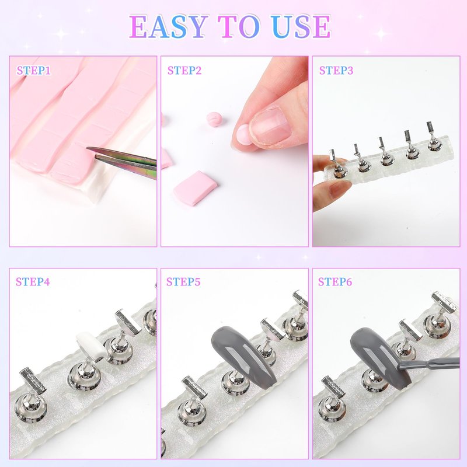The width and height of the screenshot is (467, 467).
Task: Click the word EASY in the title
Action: click(x=169, y=26)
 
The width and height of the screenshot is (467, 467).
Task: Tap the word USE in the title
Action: click(x=301, y=26)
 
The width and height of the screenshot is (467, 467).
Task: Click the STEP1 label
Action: click(x=34, y=71)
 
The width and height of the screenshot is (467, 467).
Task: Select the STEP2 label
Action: click(x=184, y=71)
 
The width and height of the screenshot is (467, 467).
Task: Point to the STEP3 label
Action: click(x=336, y=71)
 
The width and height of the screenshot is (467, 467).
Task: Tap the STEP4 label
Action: click(x=33, y=281)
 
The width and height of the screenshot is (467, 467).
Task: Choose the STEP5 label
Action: click(x=183, y=281)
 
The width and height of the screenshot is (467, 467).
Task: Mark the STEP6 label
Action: click(x=334, y=281)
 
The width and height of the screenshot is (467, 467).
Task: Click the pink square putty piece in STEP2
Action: click(x=195, y=187)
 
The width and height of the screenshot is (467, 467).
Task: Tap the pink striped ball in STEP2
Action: click(x=214, y=119)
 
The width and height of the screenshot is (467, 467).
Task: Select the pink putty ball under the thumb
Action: click(x=243, y=135)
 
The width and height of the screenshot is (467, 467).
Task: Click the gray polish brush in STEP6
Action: click(x=429, y=363)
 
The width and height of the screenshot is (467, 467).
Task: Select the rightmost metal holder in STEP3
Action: click(x=433, y=137)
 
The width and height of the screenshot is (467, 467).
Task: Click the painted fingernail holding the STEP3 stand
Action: click(x=340, y=188)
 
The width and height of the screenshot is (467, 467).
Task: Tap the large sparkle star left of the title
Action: click(x=61, y=34)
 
